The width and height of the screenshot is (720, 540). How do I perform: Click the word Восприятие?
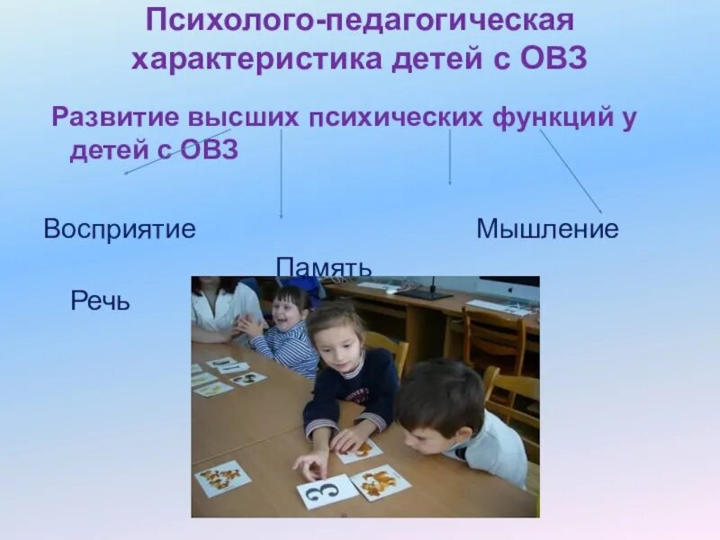[x=120, y=229]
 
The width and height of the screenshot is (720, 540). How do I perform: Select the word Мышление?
[x=547, y=229]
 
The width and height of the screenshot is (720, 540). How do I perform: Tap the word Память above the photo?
[x=324, y=267]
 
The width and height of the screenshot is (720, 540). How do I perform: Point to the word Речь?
[x=101, y=301]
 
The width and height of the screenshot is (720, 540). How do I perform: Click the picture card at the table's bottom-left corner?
[x=222, y=478]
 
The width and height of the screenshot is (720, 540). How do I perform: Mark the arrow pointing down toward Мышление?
[x=450, y=157]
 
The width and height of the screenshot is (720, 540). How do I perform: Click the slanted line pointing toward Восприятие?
[x=176, y=151]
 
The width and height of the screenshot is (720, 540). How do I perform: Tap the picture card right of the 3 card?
[x=380, y=481]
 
